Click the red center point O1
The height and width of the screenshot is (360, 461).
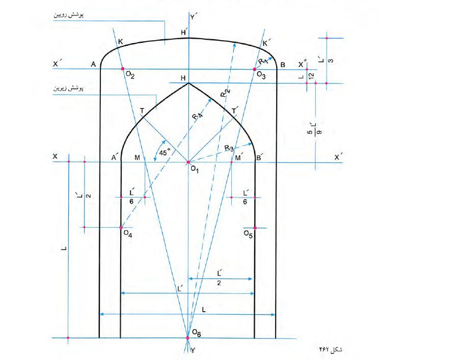coord(188,162)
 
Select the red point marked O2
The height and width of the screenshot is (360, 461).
coord(123,69)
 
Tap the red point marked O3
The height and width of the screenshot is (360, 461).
coord(255,69)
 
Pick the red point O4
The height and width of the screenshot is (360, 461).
coord(121,228)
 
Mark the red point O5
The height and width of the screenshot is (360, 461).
coord(255,228)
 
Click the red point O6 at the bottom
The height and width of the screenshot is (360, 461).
coord(188,338)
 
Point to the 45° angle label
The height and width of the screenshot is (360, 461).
coord(165,152)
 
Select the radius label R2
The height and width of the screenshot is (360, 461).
coord(225,93)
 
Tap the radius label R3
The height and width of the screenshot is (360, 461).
coord(230,148)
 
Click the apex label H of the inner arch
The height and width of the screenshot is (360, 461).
coord(183,78)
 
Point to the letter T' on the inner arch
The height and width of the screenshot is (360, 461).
coord(235,110)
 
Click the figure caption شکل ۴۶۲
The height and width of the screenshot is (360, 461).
coord(331,349)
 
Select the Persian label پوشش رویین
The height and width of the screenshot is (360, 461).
coord(68,15)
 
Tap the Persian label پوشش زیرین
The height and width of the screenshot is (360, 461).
coord(68,88)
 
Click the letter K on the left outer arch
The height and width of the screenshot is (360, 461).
coord(120,42)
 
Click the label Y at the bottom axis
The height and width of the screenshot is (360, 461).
coord(193,350)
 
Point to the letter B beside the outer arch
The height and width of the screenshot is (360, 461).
coord(283,65)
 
